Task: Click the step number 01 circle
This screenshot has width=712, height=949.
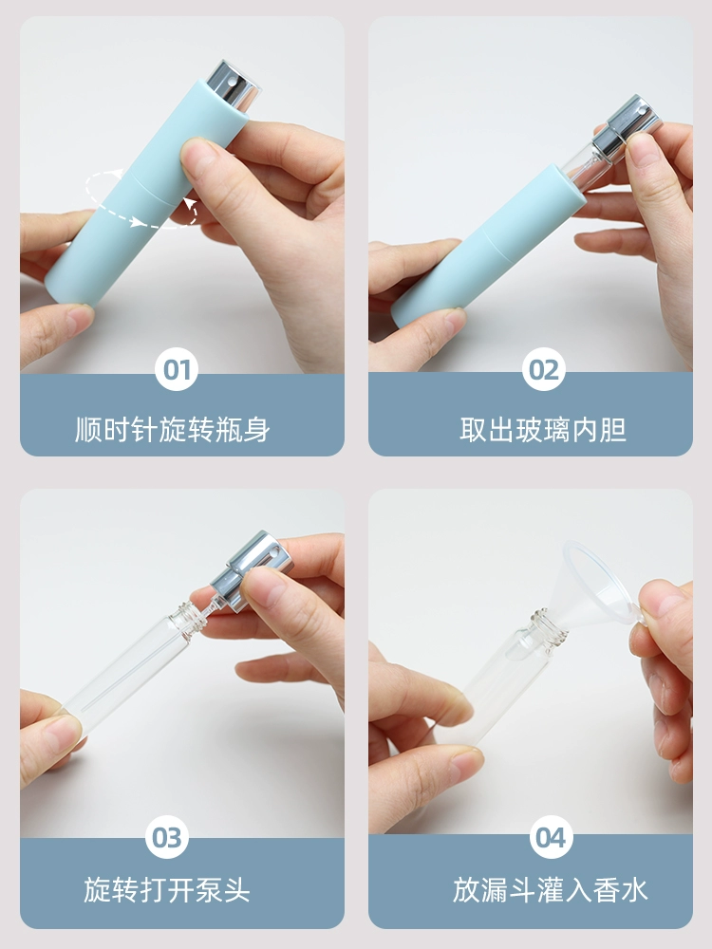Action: coord(177,369)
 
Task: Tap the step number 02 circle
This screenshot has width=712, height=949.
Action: coord(544,369)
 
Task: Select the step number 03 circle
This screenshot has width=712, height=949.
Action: coord(167,837)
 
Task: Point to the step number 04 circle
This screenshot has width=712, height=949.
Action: coord(551,837)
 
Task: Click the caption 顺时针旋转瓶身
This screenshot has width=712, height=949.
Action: coord(173,430)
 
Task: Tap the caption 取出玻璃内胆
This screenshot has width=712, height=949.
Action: coord(543,430)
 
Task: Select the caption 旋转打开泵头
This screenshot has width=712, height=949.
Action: coord(167,890)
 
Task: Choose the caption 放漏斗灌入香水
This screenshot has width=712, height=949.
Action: coord(551,890)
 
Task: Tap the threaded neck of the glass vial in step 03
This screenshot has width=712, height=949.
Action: coord(185,618)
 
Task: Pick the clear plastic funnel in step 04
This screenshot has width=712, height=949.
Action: coord(595,584)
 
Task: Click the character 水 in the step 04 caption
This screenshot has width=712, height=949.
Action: coord(634,890)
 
